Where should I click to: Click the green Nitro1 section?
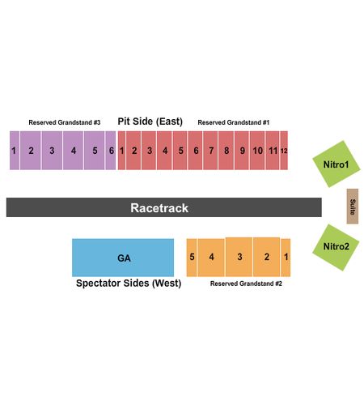click(x=336, y=164)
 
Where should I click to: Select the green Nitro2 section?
click(x=336, y=247)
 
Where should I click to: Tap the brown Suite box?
click(x=353, y=207)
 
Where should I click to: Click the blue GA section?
click(x=123, y=258)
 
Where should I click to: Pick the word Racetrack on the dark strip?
click(x=159, y=208)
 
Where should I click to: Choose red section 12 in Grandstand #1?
click(x=284, y=151)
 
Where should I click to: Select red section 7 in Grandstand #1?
click(x=210, y=151)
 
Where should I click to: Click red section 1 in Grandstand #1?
click(x=121, y=151)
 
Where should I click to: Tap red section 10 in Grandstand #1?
click(x=257, y=151)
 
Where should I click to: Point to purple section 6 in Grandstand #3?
click(x=111, y=151)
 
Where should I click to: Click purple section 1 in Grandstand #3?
click(x=15, y=151)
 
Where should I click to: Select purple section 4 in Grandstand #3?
click(x=73, y=151)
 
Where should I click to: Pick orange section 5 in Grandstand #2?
click(x=192, y=258)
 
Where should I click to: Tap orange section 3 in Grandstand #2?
click(x=239, y=257)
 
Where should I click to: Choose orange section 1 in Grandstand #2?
click(x=286, y=258)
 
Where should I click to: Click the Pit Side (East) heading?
click(x=150, y=122)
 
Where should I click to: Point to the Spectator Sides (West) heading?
click(x=129, y=283)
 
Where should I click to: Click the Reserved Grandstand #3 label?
click(x=65, y=122)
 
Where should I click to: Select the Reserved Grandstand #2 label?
click(x=246, y=283)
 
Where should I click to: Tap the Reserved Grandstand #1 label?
click(x=234, y=122)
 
